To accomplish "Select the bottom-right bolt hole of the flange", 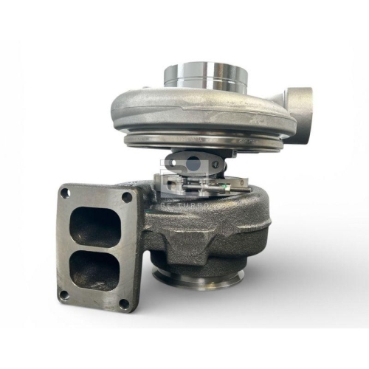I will tap(123, 303).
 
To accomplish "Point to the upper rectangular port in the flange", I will tap(95, 226).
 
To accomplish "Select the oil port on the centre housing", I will tap(181, 159).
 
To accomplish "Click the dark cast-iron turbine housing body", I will tap(221, 236).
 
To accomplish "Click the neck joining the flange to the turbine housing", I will tap(148, 221).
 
